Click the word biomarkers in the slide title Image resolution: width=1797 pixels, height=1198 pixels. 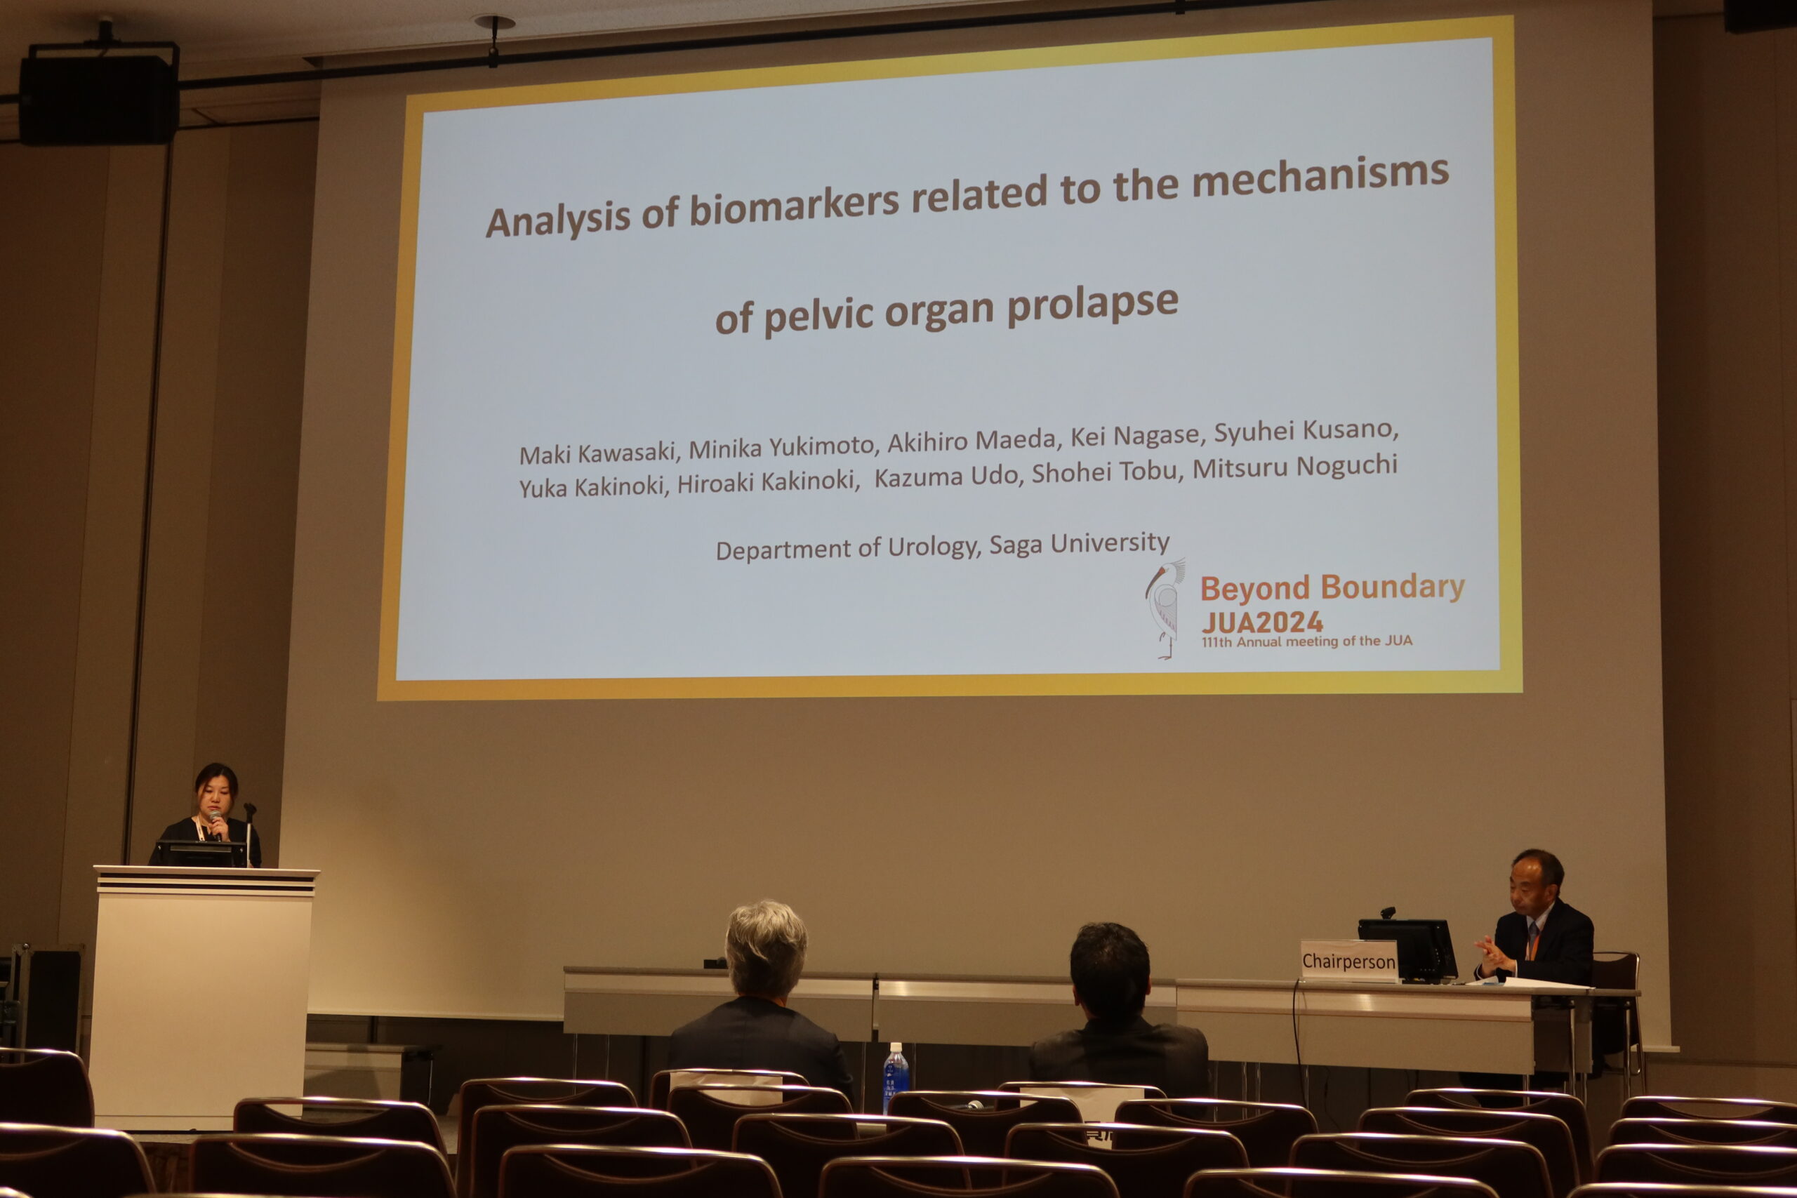(x=795, y=206)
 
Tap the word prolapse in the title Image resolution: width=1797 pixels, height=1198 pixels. (x=1092, y=305)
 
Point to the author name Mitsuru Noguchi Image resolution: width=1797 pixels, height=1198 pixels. (x=1295, y=467)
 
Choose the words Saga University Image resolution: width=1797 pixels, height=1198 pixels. (x=1079, y=544)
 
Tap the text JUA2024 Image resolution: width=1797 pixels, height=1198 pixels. (x=1261, y=622)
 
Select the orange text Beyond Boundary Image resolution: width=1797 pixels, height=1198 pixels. (x=1332, y=587)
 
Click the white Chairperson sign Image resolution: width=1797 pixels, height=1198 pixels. (x=1348, y=960)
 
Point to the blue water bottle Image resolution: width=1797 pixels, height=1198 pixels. (x=896, y=1077)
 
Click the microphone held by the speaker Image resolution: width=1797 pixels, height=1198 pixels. (x=217, y=825)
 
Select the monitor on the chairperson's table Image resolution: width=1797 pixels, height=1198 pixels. (x=1407, y=950)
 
